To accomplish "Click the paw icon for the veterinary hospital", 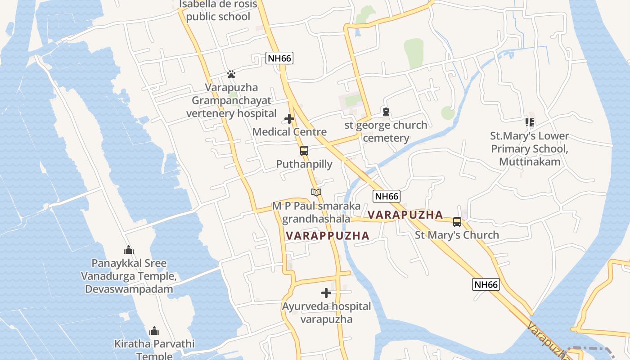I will pyautogui.click(x=231, y=74).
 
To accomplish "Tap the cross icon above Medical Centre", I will pyautogui.click(x=289, y=119).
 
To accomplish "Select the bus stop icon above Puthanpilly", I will pyautogui.click(x=304, y=151).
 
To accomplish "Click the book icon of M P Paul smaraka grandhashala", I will pyautogui.click(x=316, y=193).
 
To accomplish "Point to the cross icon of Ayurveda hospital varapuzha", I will pyautogui.click(x=326, y=293).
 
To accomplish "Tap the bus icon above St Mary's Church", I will pyautogui.click(x=457, y=222).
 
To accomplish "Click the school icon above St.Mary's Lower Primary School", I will pyautogui.click(x=530, y=122).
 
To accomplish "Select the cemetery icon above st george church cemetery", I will pyautogui.click(x=386, y=112).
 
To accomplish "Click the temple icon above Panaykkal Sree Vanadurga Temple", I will pyautogui.click(x=129, y=250).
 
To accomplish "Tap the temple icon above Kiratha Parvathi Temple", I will pyautogui.click(x=154, y=331).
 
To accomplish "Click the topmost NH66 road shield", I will pyautogui.click(x=279, y=58).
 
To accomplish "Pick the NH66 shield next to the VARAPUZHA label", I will pyautogui.click(x=387, y=196).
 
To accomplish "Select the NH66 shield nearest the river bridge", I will pyautogui.click(x=486, y=284).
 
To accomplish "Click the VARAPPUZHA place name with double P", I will pyautogui.click(x=327, y=235).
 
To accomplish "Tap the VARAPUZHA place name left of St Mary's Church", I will pyautogui.click(x=405, y=215).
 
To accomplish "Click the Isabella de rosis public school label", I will pyautogui.click(x=218, y=10).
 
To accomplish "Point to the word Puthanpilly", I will pyautogui.click(x=304, y=164).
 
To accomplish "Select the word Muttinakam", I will pyautogui.click(x=530, y=162).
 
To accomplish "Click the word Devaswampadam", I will pyautogui.click(x=129, y=289).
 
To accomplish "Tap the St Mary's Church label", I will pyautogui.click(x=457, y=235).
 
